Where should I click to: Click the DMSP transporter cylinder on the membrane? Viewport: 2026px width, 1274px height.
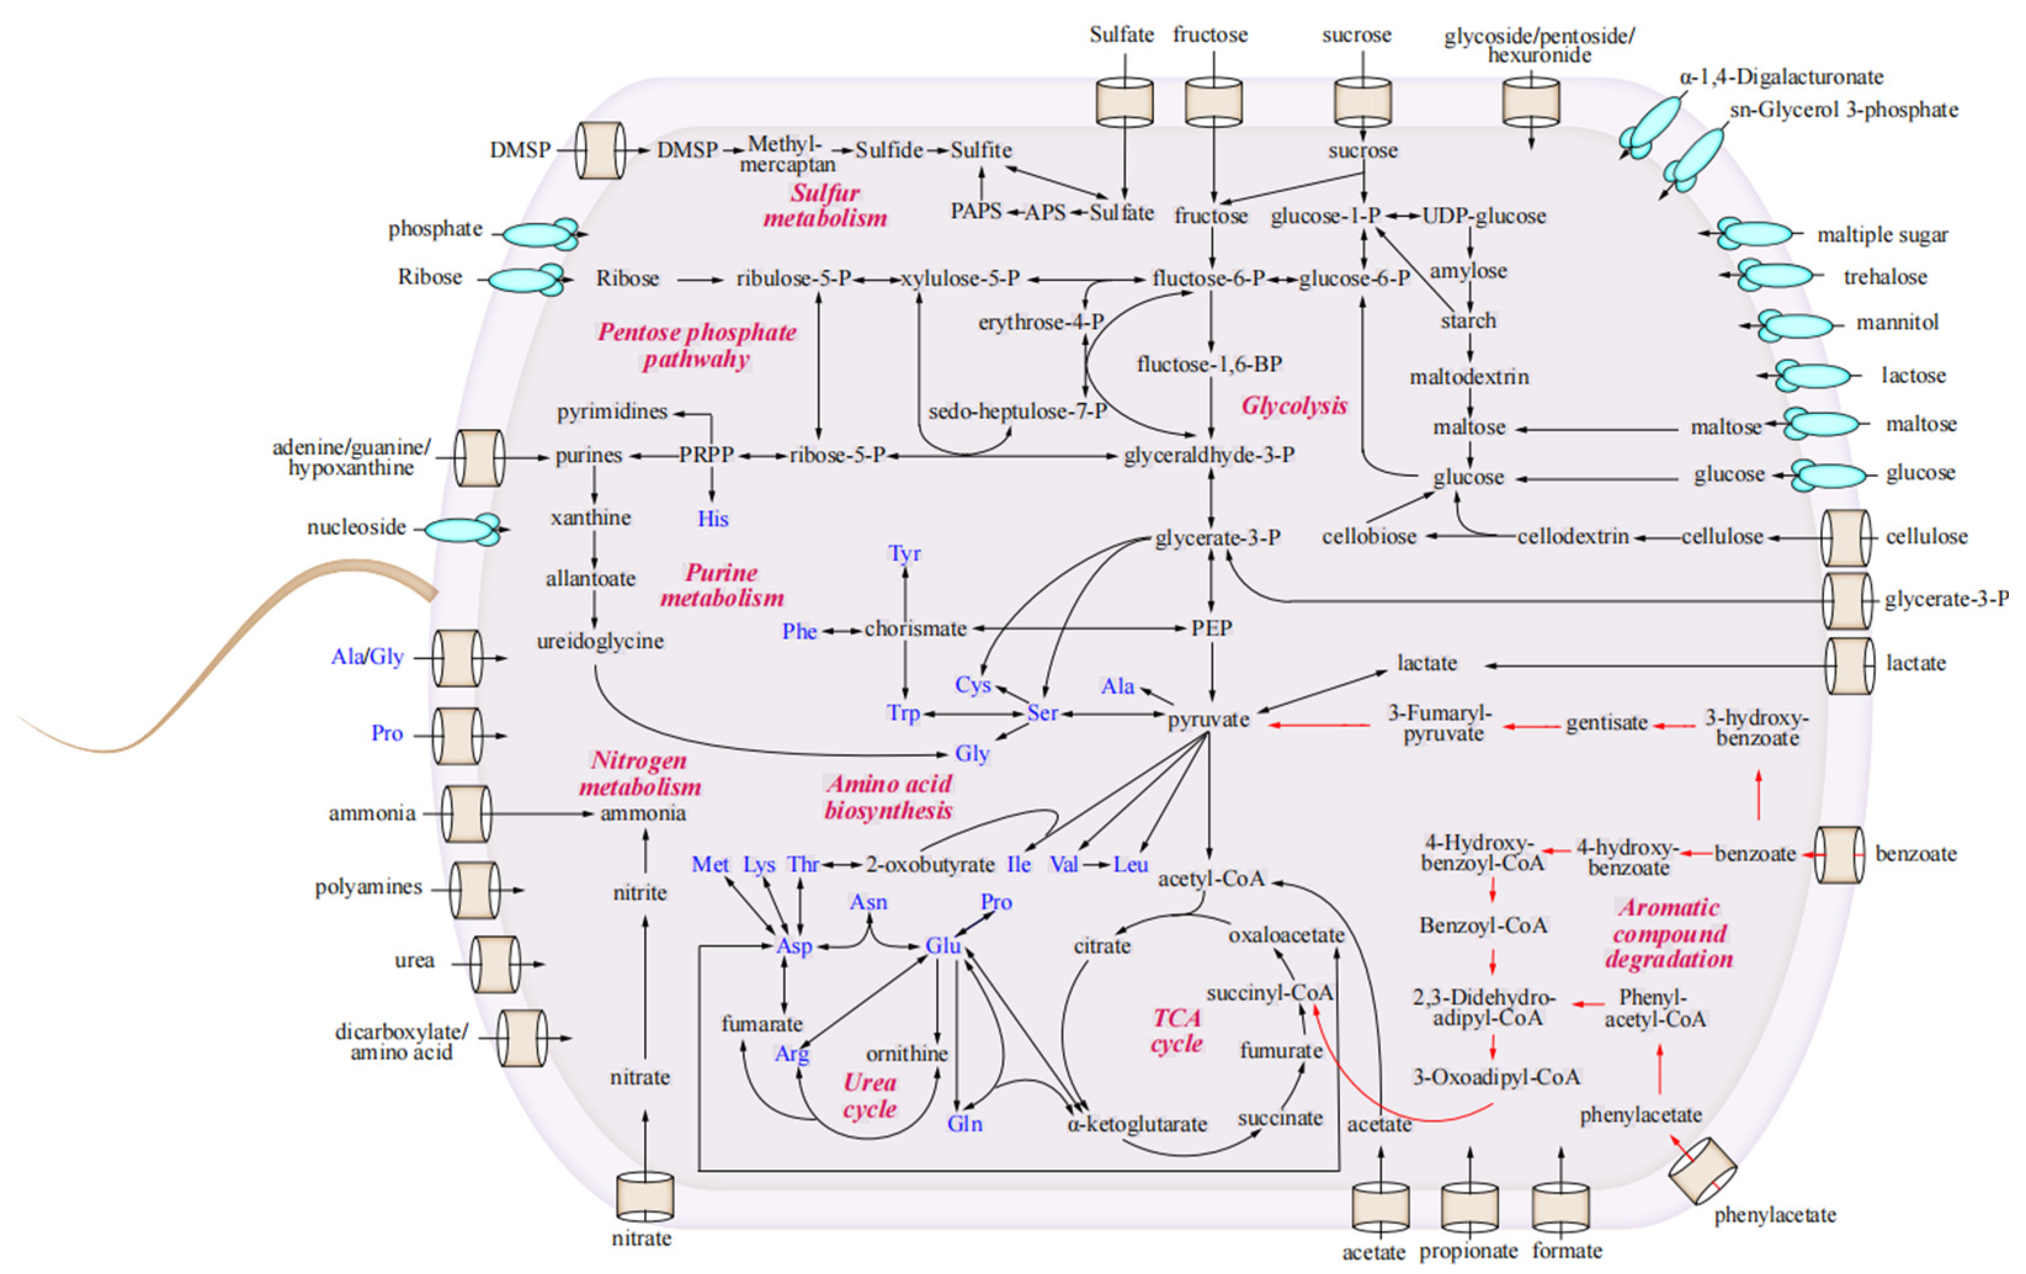point(601,150)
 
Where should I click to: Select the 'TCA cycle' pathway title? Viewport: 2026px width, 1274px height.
point(1177,1030)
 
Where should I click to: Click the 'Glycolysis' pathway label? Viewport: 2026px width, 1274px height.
point(1294,407)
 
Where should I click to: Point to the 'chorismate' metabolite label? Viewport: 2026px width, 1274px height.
point(916,628)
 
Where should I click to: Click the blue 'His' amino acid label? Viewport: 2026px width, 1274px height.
point(712,519)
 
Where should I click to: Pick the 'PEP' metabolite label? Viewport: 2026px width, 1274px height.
point(1211,628)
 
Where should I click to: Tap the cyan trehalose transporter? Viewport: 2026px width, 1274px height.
point(1775,275)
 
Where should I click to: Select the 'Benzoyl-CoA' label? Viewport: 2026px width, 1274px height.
point(1483,926)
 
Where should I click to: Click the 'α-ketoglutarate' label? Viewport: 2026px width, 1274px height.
point(1137,1124)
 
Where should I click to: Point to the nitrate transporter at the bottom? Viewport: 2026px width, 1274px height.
point(645,1198)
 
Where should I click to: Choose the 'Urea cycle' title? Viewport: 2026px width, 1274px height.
point(870,1095)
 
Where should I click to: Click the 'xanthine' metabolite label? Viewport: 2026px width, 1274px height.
point(591,517)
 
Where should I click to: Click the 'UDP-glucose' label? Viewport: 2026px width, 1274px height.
point(1484,216)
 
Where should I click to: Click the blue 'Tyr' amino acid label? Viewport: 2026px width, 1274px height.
point(905,554)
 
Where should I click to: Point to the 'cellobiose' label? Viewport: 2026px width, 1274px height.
point(1369,537)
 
